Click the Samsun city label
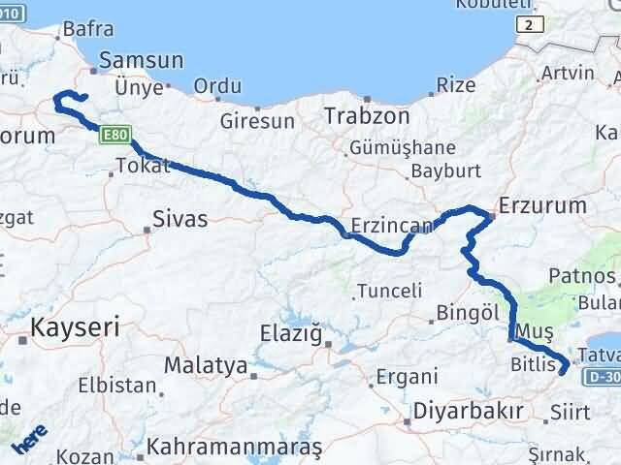tap(141, 60)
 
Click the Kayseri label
tap(75, 326)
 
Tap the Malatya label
tap(205, 365)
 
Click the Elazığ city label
tap(290, 334)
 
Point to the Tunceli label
tap(389, 290)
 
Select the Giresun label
tap(257, 121)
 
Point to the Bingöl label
tap(467, 312)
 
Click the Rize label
tap(456, 85)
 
